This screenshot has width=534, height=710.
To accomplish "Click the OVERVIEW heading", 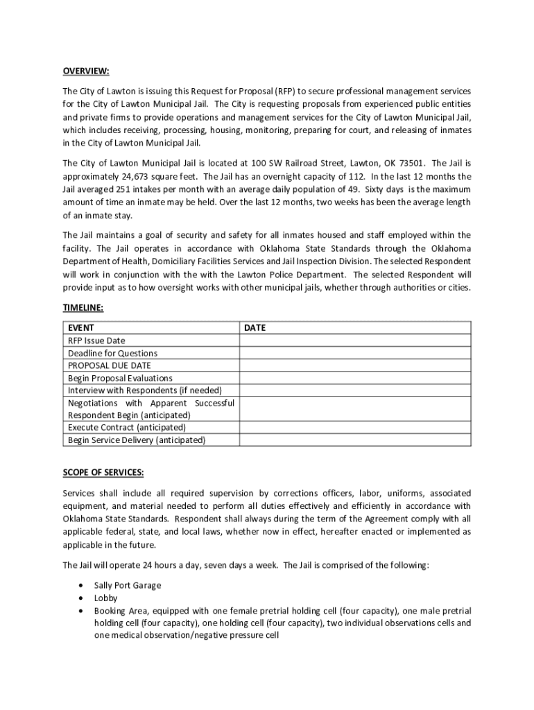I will tap(86, 71).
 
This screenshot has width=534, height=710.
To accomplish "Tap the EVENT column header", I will tap(81, 328).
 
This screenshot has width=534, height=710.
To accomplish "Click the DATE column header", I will tap(255, 328).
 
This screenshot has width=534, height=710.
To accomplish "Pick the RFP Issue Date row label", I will tap(96, 340).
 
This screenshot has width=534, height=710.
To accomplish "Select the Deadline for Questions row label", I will tap(112, 353).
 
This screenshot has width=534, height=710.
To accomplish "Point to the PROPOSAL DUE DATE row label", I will tap(109, 365).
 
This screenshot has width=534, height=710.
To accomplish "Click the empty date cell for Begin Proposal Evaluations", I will tap(354, 378).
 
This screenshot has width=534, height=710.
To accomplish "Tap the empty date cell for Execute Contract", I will tap(354, 427).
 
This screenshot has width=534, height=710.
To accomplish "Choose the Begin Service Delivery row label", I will tap(137, 440).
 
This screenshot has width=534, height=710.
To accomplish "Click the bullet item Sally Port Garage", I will tap(128, 585).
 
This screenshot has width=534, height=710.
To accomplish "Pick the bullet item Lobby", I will tap(106, 598).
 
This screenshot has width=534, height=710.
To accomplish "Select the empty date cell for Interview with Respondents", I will tap(354, 390).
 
